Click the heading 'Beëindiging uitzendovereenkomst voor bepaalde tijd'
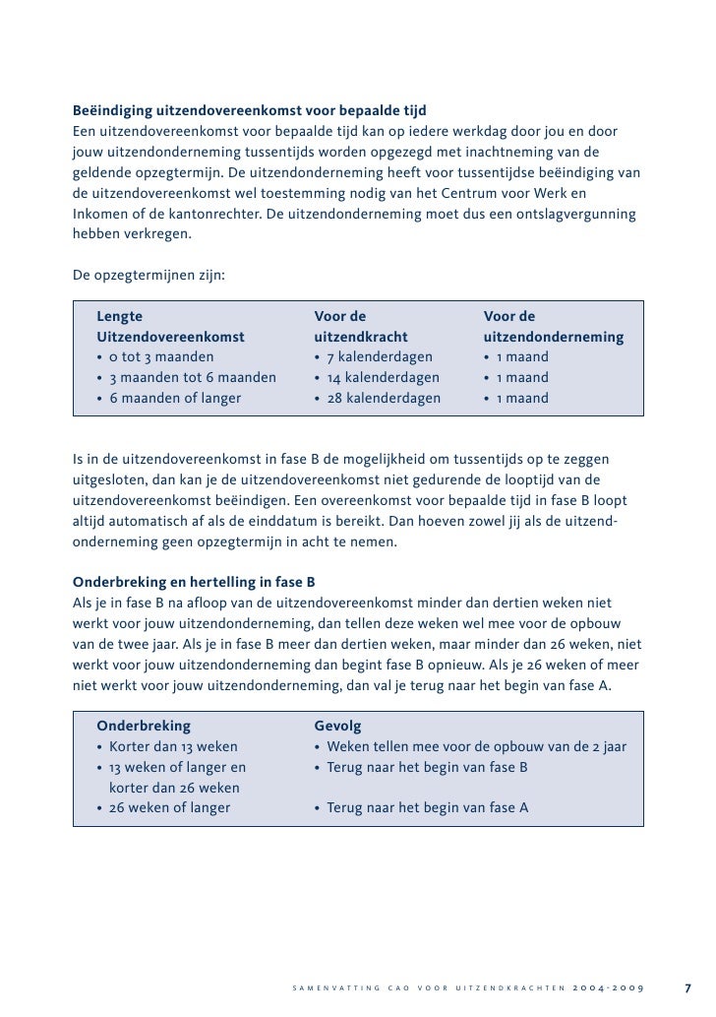(x=250, y=109)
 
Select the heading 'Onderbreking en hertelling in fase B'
(x=194, y=582)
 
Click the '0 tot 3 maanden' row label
(x=160, y=357)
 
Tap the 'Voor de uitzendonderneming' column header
(x=553, y=327)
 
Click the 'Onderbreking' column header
(x=144, y=727)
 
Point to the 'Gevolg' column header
(x=337, y=727)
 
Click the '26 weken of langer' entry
(x=169, y=808)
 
